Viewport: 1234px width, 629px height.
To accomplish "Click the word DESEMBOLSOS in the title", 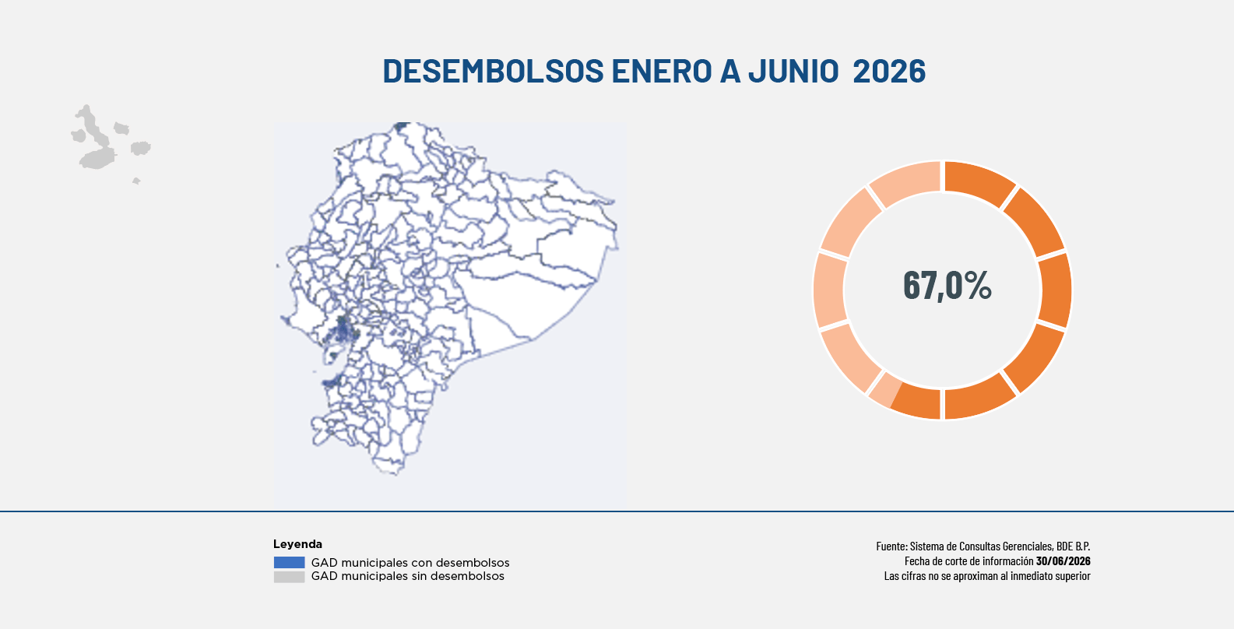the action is tap(493, 71).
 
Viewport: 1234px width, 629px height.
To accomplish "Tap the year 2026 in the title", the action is tap(889, 71).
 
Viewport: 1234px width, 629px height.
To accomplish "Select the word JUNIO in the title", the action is tap(793, 71).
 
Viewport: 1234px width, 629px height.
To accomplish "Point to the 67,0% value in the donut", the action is tap(947, 286).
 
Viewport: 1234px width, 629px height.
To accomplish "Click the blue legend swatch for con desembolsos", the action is tap(289, 562).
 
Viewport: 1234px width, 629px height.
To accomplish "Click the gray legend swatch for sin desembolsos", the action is tap(289, 577).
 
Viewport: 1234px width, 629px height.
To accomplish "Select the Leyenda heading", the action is tap(297, 544).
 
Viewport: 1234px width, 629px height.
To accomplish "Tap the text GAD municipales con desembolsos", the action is tap(410, 563).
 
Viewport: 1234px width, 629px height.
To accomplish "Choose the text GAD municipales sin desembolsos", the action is tap(408, 576).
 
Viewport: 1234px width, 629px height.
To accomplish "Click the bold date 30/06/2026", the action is tap(1063, 560).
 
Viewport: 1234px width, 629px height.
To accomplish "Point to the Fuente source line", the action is tap(983, 546).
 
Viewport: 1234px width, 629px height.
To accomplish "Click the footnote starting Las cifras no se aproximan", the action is tap(987, 575).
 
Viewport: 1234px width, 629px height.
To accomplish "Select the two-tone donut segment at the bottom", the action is tap(906, 400).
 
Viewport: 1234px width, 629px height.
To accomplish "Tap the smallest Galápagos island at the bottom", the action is tap(136, 181).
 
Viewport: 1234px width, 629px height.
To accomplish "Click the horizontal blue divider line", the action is tap(617, 511).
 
